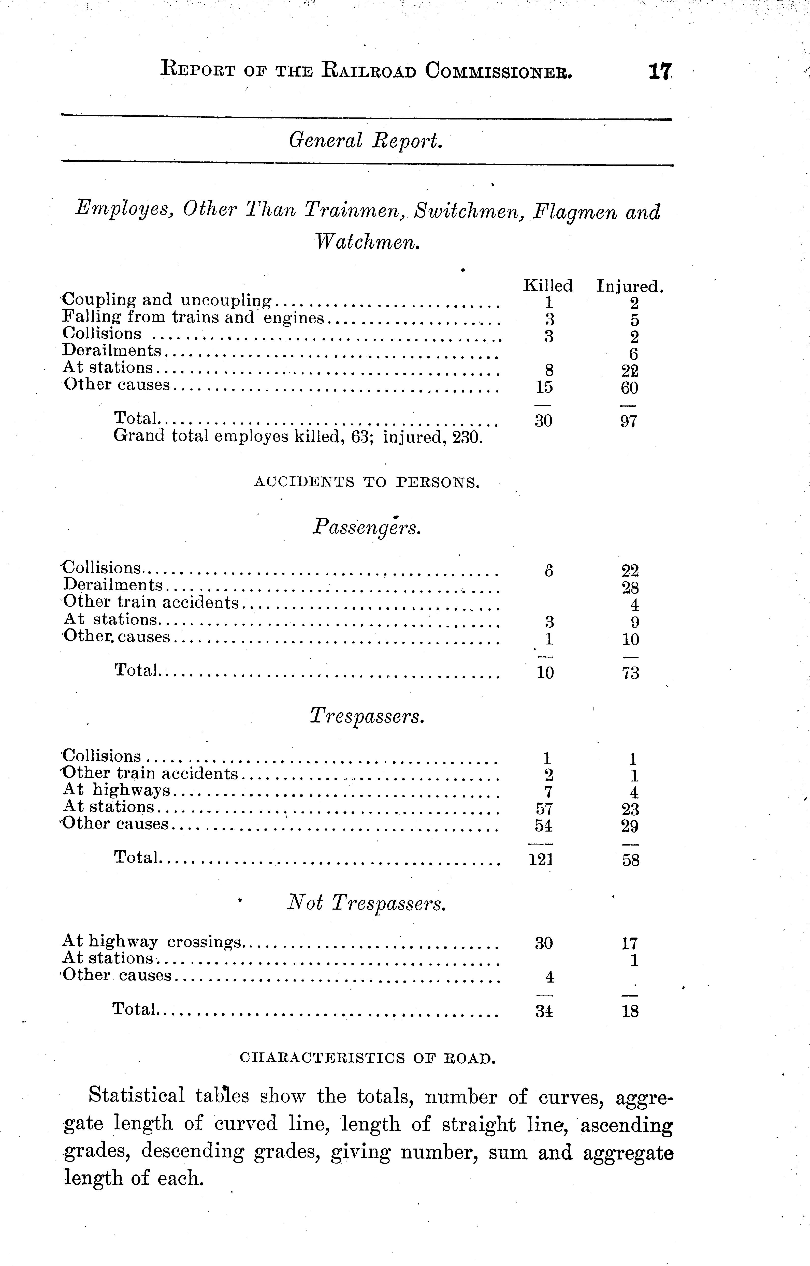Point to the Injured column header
630,287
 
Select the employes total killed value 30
543,420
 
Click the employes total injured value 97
629,420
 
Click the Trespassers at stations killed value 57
544,809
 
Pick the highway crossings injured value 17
630,943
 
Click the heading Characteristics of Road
367,1058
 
